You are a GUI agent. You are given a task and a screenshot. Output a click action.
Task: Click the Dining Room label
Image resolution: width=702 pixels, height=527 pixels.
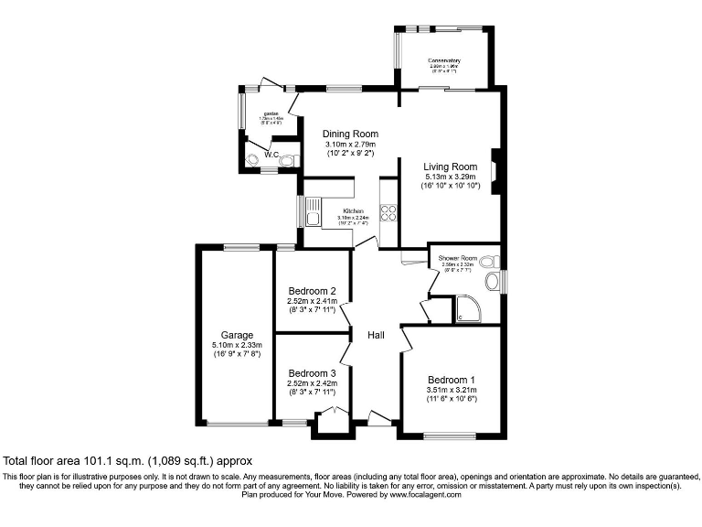click(x=352, y=134)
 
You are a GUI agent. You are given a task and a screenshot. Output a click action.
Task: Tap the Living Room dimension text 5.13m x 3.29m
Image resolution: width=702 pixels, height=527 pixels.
click(x=451, y=176)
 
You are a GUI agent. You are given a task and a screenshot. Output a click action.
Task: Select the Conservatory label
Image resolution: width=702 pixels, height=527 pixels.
click(x=444, y=61)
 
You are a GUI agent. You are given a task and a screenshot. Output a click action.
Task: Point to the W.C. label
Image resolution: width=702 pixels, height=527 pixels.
click(x=271, y=156)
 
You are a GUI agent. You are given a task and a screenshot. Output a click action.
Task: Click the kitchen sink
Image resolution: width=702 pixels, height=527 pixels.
click(x=313, y=217)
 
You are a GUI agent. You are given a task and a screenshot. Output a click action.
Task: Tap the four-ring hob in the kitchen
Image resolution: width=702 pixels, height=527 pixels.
click(x=388, y=212)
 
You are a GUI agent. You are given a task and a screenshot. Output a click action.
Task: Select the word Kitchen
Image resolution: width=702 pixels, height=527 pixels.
click(x=352, y=210)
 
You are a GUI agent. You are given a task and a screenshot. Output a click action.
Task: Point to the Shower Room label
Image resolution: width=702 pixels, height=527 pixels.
click(x=458, y=258)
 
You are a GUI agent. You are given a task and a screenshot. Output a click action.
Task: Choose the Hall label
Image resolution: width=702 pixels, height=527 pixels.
click(x=376, y=335)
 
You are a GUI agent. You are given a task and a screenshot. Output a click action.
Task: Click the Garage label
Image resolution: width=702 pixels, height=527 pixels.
click(x=236, y=335)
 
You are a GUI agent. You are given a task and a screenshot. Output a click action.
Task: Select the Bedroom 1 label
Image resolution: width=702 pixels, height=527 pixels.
click(x=451, y=379)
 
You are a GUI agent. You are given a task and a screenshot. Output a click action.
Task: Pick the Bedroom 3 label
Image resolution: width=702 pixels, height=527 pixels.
click(x=313, y=373)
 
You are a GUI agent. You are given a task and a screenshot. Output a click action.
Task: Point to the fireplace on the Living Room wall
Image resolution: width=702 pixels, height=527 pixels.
click(x=495, y=171)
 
